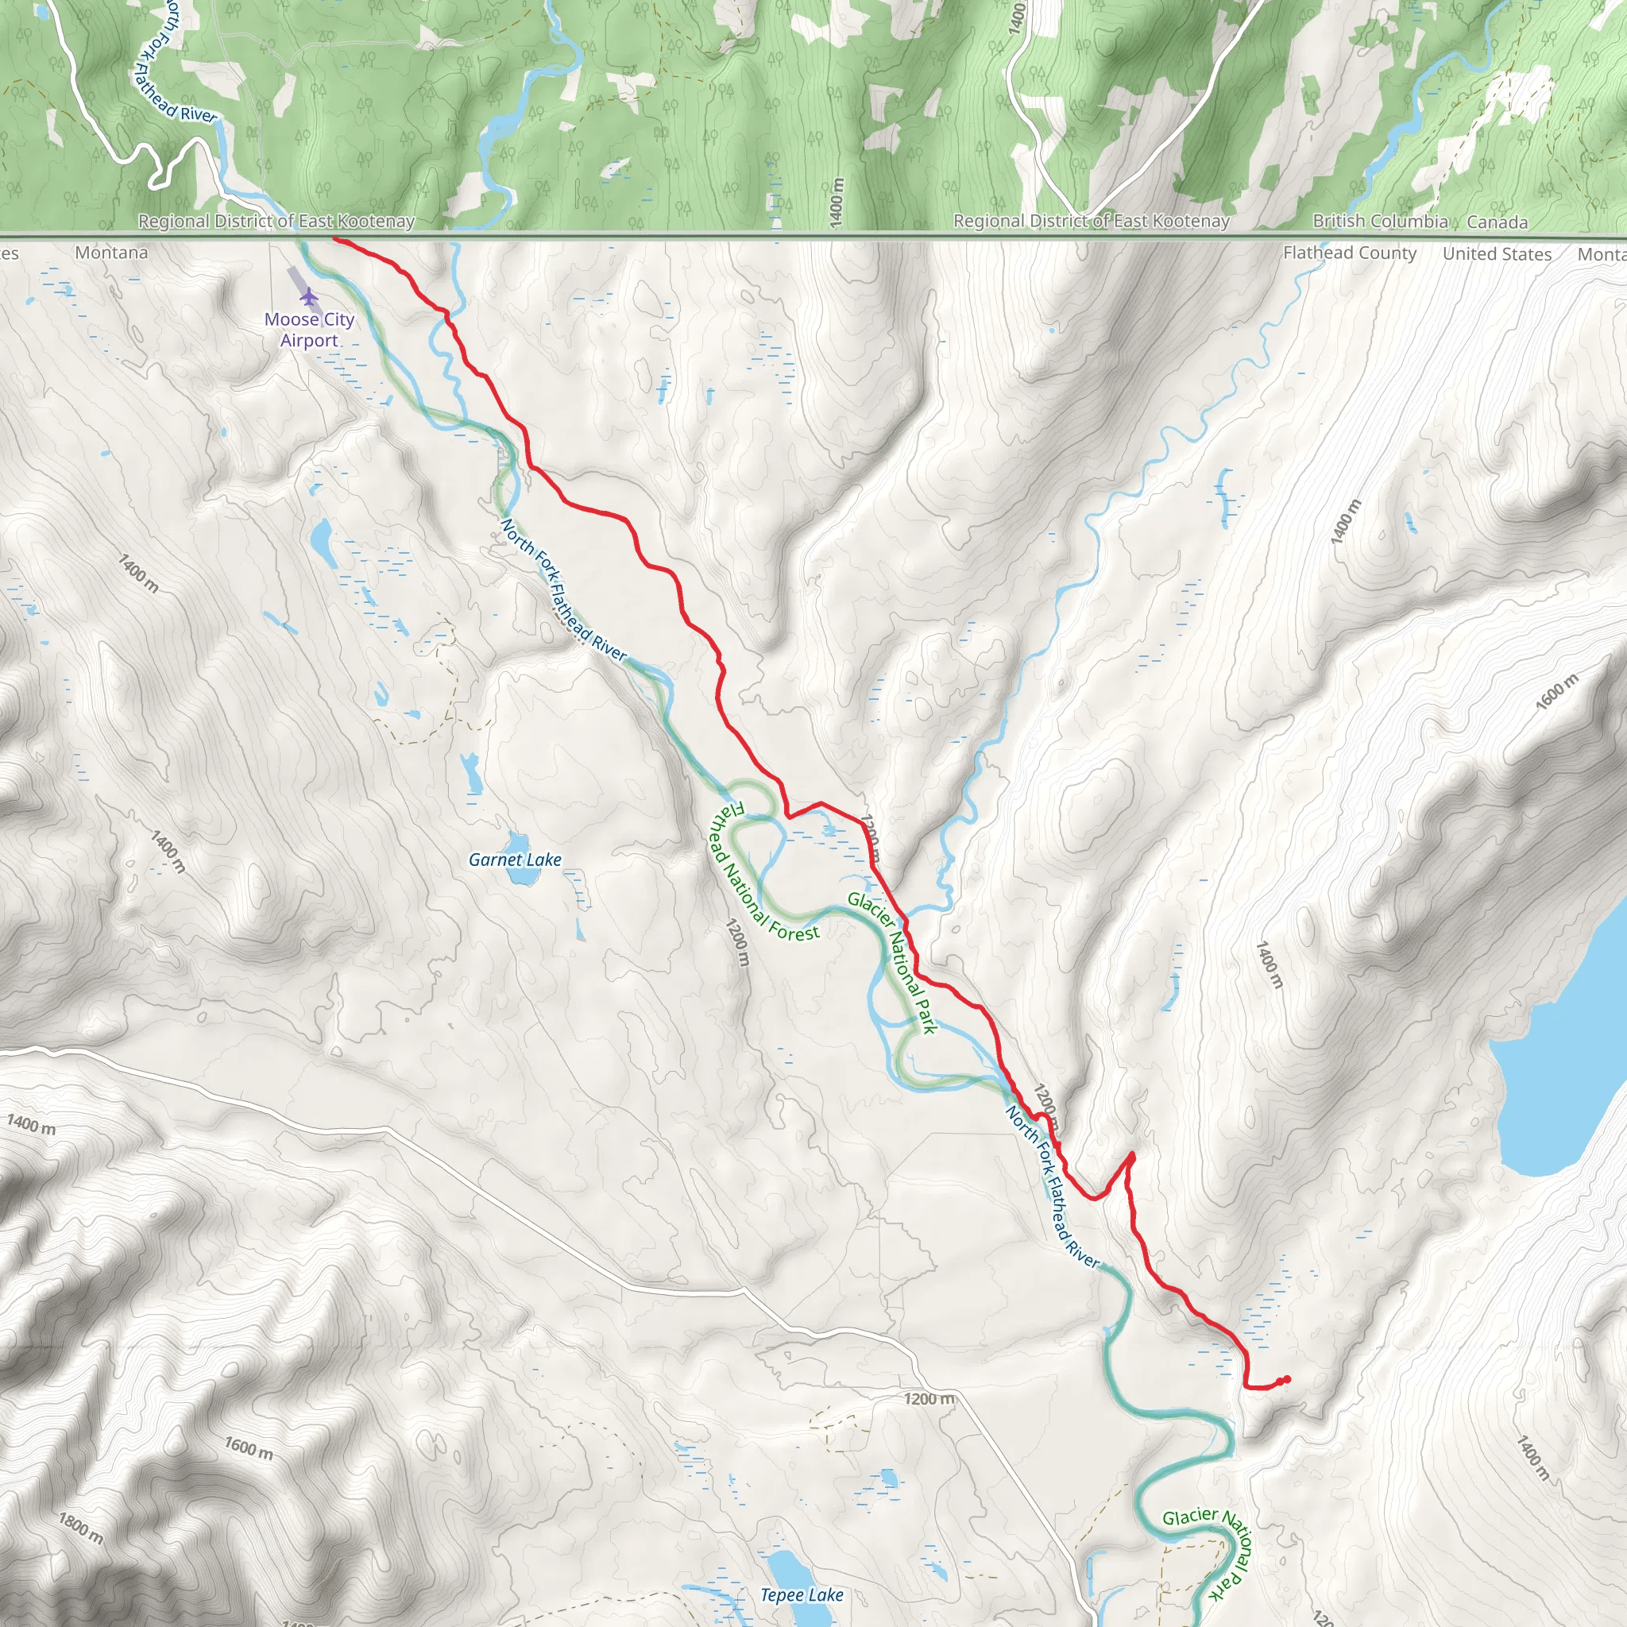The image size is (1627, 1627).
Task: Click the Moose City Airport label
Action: tap(309, 329)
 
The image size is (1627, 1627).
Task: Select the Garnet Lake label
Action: tap(515, 860)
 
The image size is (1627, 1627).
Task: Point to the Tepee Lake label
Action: tap(801, 1595)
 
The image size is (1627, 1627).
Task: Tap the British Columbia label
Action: tap(1379, 222)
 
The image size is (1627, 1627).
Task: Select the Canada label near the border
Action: tap(1497, 222)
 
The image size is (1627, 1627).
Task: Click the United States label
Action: tap(1497, 253)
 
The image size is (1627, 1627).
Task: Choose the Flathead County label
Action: tap(1349, 253)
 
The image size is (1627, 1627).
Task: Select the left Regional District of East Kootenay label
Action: tap(276, 222)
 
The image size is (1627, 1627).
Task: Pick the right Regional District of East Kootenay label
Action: tap(1091, 222)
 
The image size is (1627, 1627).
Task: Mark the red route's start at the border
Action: tap(335, 239)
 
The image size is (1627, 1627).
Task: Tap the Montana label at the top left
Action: tap(111, 253)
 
